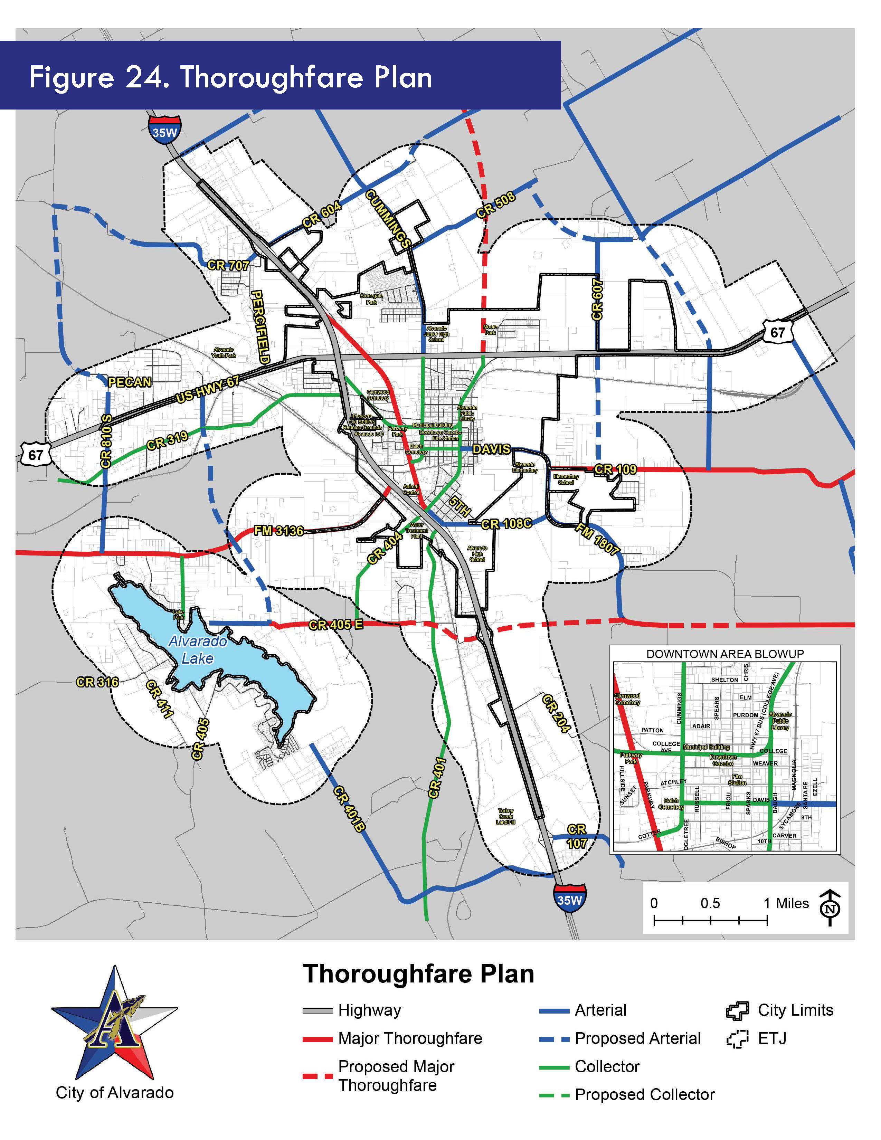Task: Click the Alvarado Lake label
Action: point(197,649)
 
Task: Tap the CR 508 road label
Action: point(495,204)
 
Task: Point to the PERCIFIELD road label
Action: point(260,327)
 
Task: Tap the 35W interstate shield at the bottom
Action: point(569,899)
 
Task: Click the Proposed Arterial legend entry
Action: point(637,1038)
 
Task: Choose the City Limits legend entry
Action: point(795,1010)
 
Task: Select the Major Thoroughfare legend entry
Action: point(410,1038)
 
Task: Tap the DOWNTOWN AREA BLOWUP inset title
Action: point(725,654)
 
